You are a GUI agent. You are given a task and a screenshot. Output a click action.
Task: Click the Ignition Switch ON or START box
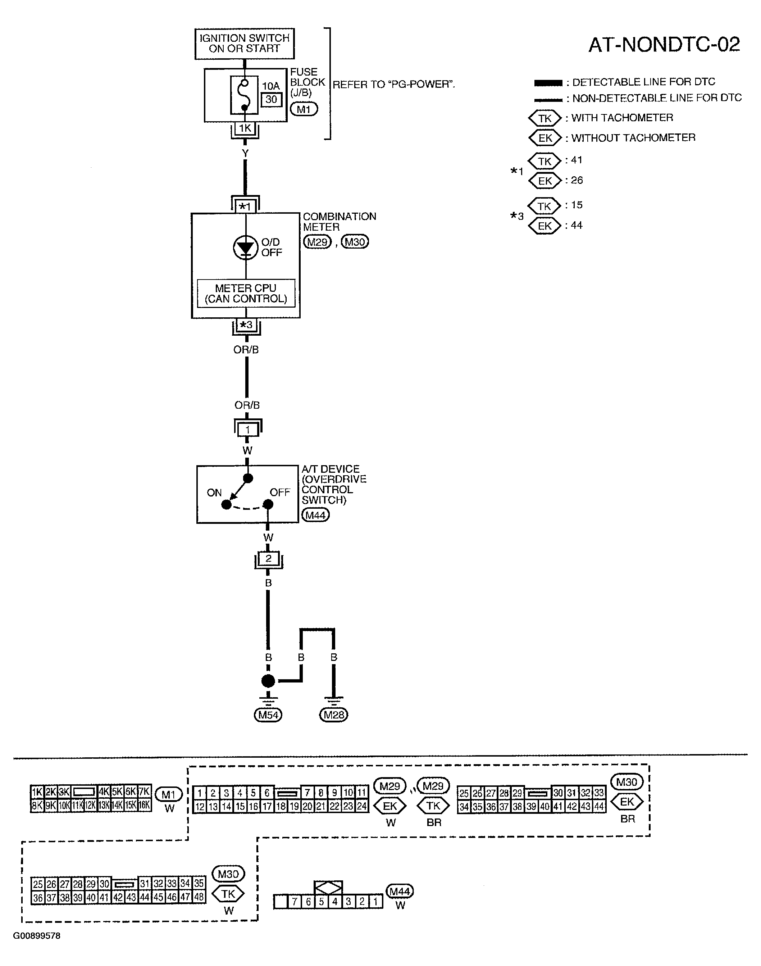(x=245, y=44)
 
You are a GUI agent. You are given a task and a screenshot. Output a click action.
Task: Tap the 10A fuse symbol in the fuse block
(x=244, y=95)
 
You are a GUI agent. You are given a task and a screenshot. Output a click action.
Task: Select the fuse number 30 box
(x=271, y=99)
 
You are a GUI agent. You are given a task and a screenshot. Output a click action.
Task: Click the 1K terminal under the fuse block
(x=245, y=129)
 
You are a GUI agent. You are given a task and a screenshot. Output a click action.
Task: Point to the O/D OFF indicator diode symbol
(x=246, y=248)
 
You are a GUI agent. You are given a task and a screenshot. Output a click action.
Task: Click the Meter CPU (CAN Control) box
(x=246, y=293)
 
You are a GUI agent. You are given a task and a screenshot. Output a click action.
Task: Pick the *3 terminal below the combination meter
(x=246, y=325)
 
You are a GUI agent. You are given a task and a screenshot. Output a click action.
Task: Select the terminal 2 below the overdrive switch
(x=268, y=559)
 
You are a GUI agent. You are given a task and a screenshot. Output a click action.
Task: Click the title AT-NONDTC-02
(x=664, y=45)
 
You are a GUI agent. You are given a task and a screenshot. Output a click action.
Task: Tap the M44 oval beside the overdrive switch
(x=315, y=515)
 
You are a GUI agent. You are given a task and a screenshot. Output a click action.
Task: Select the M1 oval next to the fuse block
(x=304, y=109)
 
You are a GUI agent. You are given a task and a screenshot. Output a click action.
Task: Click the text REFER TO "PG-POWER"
(x=394, y=85)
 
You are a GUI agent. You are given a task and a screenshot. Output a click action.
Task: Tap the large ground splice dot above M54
(x=268, y=681)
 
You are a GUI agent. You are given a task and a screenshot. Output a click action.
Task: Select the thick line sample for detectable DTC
(x=548, y=83)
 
